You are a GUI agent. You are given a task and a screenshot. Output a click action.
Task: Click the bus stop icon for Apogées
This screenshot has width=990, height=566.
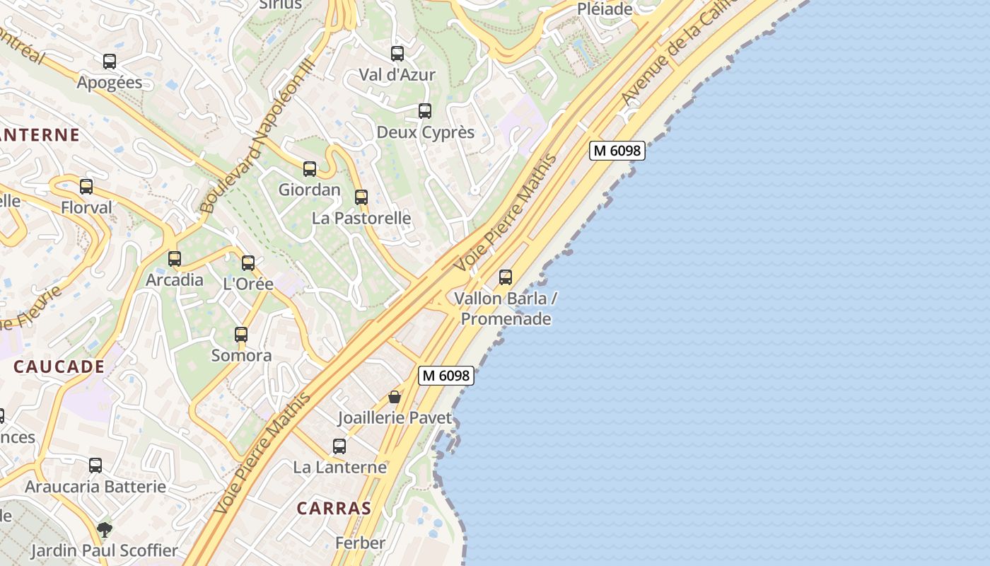110,62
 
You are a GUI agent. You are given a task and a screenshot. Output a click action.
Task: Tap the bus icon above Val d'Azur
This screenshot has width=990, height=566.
397,53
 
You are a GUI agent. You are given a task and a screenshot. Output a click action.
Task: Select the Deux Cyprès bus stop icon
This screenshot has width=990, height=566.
425,111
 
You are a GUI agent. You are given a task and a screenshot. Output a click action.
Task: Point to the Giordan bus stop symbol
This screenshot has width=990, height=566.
310,169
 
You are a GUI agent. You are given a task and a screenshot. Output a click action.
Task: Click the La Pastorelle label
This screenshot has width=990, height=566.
361,218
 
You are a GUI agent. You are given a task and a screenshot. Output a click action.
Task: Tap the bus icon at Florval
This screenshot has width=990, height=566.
86,187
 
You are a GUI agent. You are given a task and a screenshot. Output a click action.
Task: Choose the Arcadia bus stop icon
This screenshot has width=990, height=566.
175,259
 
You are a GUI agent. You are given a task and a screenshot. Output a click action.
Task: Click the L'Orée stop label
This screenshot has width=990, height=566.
248,284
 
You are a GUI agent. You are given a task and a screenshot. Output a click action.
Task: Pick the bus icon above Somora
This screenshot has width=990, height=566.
241,335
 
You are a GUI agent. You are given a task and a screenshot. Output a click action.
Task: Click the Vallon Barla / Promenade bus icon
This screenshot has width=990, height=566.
506,277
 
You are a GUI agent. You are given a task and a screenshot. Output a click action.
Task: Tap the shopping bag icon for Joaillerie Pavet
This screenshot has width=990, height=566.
395,398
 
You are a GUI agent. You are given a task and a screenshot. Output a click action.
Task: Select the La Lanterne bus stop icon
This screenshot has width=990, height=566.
339,446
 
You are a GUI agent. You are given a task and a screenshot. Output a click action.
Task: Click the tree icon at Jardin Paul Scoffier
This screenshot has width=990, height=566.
105,530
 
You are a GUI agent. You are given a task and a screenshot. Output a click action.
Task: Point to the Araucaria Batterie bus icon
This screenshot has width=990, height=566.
95,466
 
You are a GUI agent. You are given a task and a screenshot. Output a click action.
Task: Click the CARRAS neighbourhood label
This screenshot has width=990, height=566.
334,508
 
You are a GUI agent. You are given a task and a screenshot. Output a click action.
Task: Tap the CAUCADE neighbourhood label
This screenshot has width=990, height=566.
59,366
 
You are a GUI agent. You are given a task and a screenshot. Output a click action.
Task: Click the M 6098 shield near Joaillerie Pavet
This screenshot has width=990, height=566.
446,376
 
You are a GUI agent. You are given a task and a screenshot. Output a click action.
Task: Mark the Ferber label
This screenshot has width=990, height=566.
361,543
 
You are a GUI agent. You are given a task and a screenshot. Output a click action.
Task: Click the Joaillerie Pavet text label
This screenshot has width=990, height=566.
394,418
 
